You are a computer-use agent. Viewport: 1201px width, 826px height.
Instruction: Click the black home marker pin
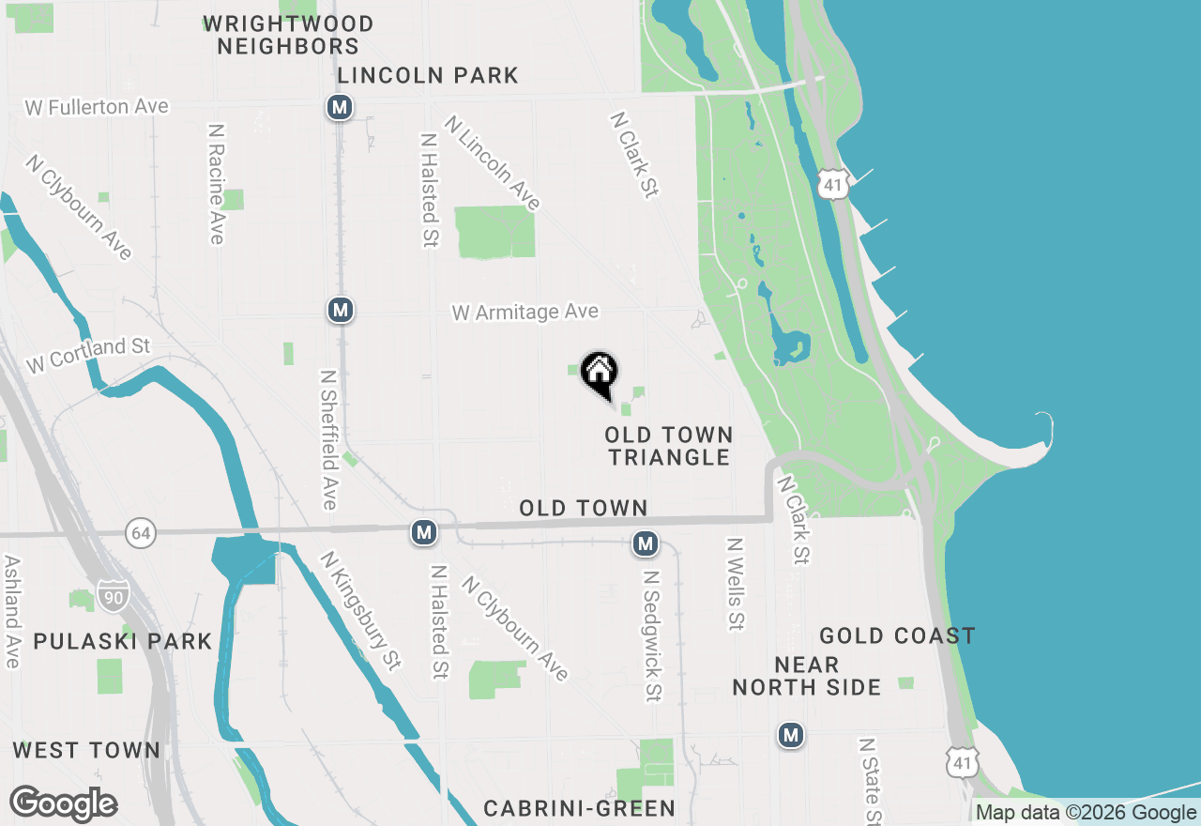point(599,375)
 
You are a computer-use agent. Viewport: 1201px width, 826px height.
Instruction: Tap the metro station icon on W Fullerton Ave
point(340,107)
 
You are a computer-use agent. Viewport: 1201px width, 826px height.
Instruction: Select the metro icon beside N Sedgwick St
point(645,543)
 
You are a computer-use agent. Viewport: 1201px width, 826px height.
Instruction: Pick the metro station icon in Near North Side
point(791,734)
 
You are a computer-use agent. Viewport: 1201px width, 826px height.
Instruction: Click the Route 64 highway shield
point(140,533)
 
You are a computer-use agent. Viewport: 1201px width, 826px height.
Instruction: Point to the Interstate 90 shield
point(114,596)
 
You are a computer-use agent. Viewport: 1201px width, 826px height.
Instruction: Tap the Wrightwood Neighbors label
point(288,35)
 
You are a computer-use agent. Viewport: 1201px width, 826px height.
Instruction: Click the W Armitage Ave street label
point(524,312)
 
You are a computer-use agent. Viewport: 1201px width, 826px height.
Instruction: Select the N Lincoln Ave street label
point(493,162)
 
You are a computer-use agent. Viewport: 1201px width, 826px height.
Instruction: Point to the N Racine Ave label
point(217,183)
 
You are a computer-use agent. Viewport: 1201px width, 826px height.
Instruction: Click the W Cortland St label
point(88,355)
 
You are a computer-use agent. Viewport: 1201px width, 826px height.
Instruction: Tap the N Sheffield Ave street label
point(328,439)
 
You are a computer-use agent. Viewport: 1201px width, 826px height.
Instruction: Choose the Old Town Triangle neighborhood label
point(668,446)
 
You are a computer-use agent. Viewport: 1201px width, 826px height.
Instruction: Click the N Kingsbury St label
point(360,611)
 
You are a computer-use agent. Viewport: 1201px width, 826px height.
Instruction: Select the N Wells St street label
point(736,583)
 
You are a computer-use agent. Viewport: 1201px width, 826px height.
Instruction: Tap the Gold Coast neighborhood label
point(897,636)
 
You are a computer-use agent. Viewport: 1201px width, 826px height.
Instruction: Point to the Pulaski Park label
point(123,641)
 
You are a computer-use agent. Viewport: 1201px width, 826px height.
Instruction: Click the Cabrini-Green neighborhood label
point(579,808)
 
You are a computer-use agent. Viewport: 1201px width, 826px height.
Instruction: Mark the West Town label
point(86,750)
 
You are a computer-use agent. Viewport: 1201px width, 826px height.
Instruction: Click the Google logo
point(63,803)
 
